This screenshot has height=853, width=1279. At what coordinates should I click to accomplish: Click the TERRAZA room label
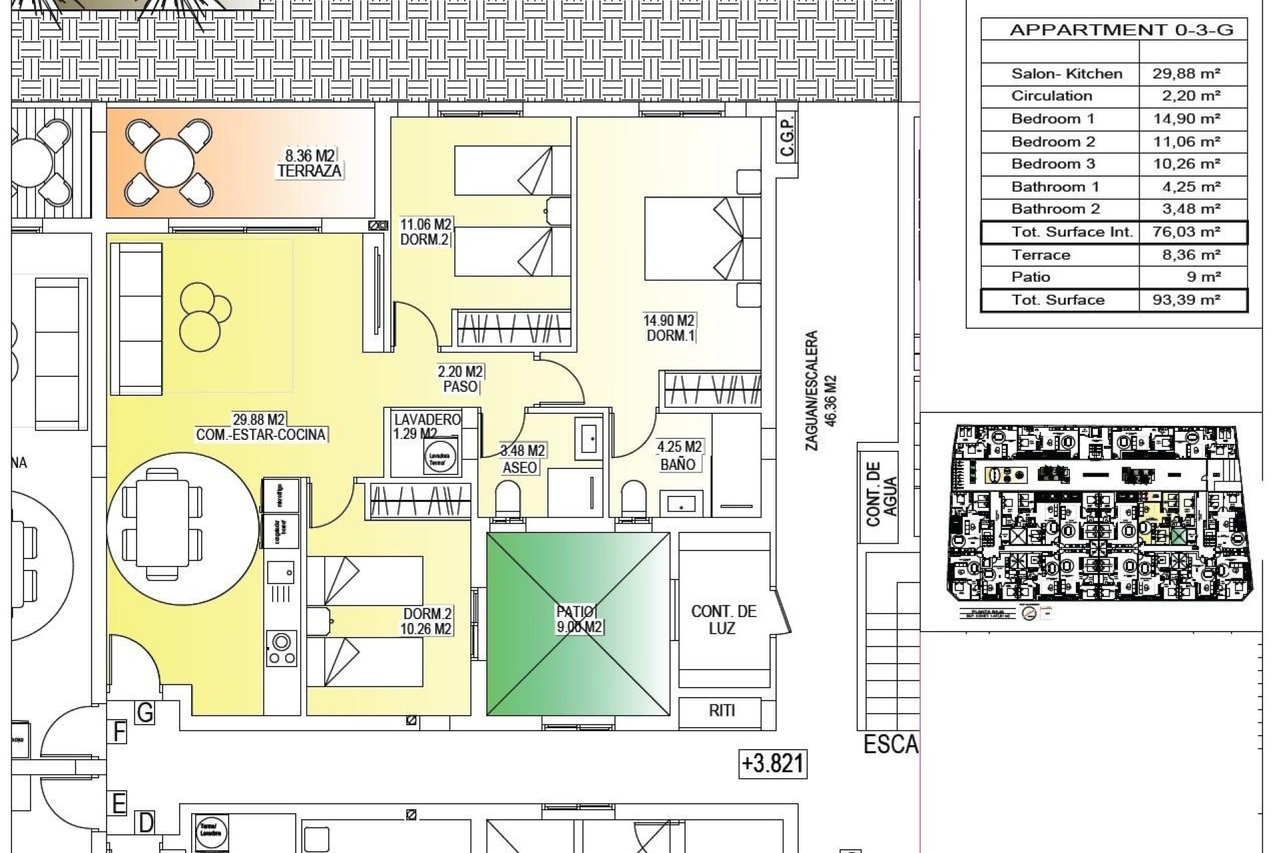(310, 171)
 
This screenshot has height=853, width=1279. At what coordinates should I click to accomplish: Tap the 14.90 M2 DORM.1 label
(668, 329)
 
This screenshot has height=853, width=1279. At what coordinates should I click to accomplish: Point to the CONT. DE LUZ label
(723, 619)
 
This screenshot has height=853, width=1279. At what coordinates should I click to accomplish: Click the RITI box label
(721, 710)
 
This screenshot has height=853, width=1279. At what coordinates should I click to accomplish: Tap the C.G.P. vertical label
(787, 138)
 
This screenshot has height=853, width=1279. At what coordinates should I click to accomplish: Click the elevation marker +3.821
(773, 763)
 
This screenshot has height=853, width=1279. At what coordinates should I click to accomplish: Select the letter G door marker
(145, 712)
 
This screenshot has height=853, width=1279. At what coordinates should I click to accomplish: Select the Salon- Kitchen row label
(1066, 74)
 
